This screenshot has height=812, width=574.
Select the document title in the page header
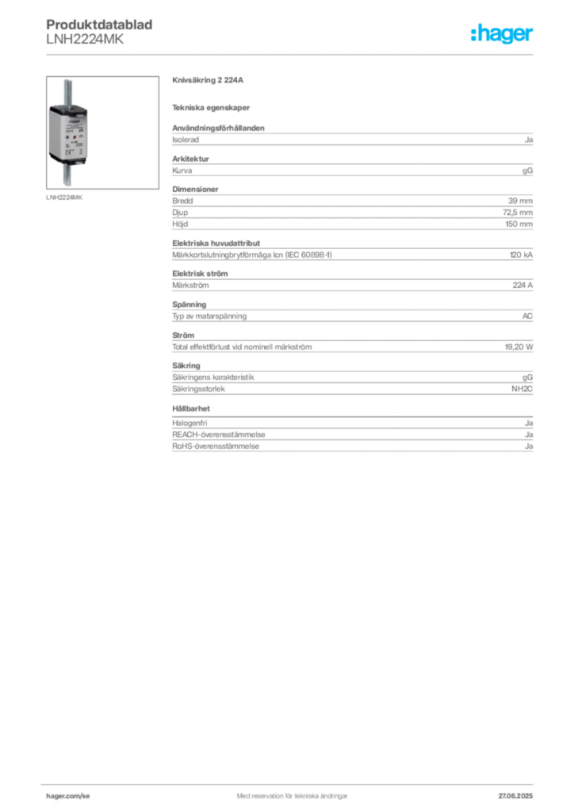[101, 24]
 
